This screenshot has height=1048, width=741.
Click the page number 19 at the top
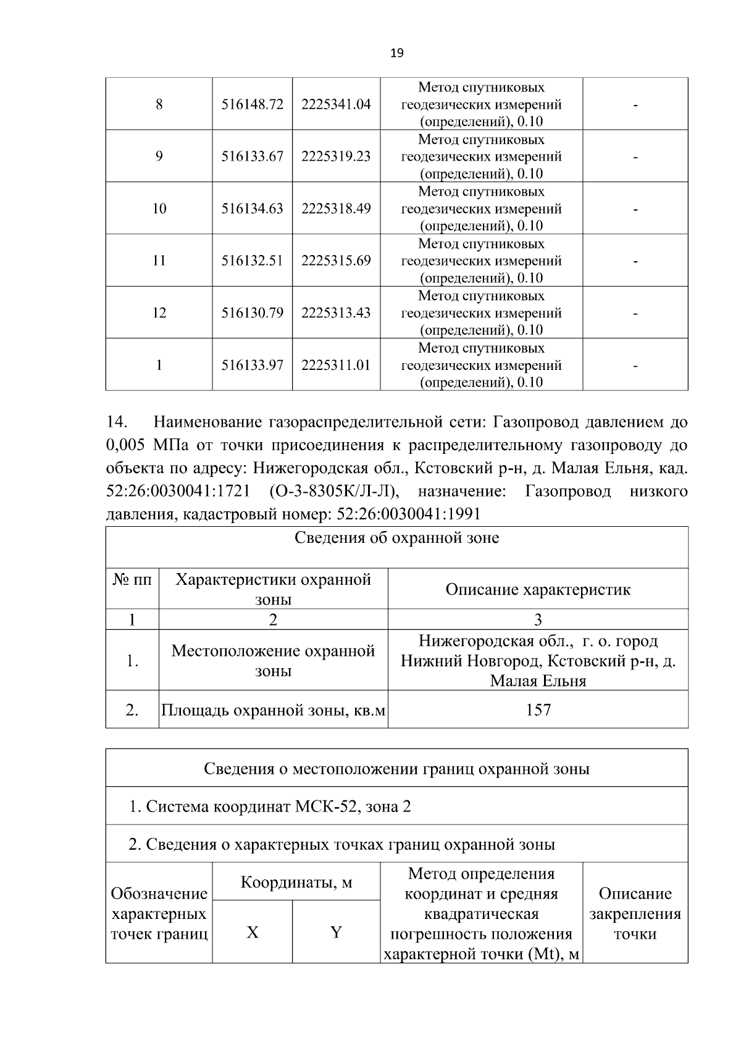pyautogui.click(x=397, y=54)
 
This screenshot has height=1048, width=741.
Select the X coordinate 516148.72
pyautogui.click(x=252, y=104)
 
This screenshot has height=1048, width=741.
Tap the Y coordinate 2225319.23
pyautogui.click(x=336, y=156)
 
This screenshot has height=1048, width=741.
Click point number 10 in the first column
pyautogui.click(x=159, y=209)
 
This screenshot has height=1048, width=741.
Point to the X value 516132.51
pyautogui.click(x=252, y=261)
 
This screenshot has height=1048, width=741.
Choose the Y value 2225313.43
pyautogui.click(x=336, y=312)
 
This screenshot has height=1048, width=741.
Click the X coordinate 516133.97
pyautogui.click(x=252, y=365)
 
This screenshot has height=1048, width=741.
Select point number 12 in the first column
pyautogui.click(x=159, y=312)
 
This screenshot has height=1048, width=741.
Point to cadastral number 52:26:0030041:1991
pyautogui.click(x=406, y=514)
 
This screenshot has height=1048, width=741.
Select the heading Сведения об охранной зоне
pyautogui.click(x=396, y=538)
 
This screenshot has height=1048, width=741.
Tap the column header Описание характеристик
pyautogui.click(x=538, y=589)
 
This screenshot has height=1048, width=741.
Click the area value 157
pyautogui.click(x=538, y=710)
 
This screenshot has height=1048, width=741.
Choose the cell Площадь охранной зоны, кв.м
pyautogui.click(x=273, y=710)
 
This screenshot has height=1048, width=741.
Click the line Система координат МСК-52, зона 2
pyautogui.click(x=270, y=807)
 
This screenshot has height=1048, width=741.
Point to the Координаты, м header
pyautogui.click(x=296, y=882)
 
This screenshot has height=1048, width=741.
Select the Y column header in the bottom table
pyautogui.click(x=336, y=932)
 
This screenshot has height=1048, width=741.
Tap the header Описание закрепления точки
pyautogui.click(x=635, y=913)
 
